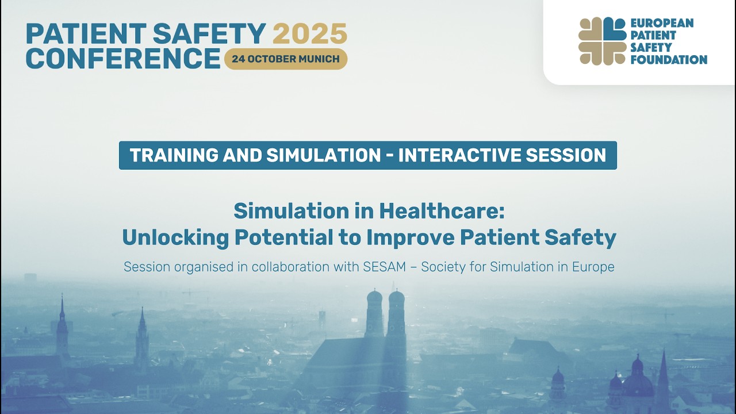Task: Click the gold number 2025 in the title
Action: tap(310, 34)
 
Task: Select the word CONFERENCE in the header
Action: tap(123, 59)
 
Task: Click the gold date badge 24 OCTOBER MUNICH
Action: tap(286, 59)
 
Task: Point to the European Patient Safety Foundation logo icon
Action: tap(602, 41)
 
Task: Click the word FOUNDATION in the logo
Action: tap(669, 59)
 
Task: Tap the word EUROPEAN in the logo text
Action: tap(662, 23)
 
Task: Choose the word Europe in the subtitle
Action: tap(593, 267)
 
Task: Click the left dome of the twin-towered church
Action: tap(374, 299)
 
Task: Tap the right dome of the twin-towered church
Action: tap(397, 299)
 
